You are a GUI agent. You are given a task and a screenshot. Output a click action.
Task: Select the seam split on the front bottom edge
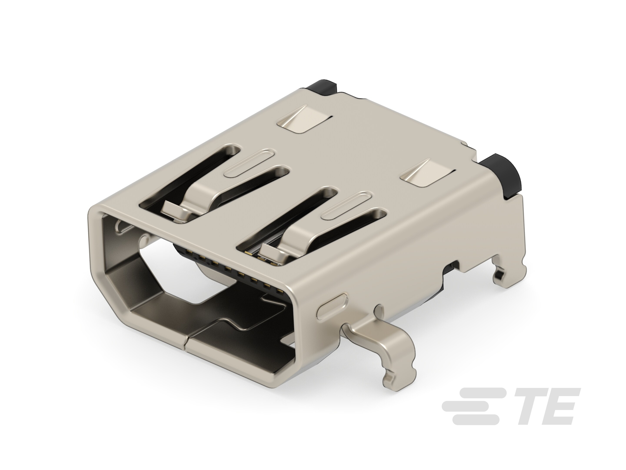point(185,343)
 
